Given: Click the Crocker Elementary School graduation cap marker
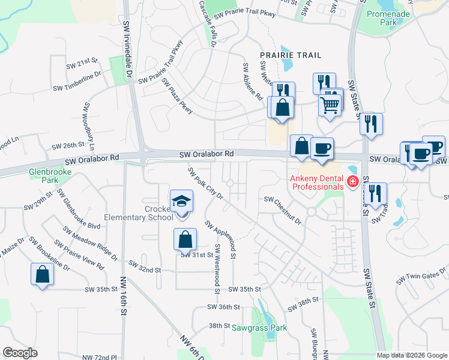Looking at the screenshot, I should pyautogui.click(x=181, y=202).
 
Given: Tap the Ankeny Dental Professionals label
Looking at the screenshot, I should pyautogui.click(x=317, y=182).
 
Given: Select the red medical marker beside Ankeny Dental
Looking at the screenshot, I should pyautogui.click(x=354, y=181).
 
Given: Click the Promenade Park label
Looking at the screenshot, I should pyautogui.click(x=397, y=17).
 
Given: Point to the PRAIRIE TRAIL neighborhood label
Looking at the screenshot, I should pyautogui.click(x=291, y=55).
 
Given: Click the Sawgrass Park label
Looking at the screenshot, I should pyautogui.click(x=265, y=328).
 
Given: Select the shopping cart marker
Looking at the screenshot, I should pyautogui.click(x=330, y=104).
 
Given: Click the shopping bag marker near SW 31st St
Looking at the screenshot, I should pyautogui.click(x=185, y=239).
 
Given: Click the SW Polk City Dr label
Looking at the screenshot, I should pyautogui.click(x=205, y=184).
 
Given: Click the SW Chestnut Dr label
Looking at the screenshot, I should pyautogui.click(x=283, y=209).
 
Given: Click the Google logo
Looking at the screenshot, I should pyautogui.click(x=20, y=353).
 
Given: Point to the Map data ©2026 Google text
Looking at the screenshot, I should pyautogui.click(x=411, y=355).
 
